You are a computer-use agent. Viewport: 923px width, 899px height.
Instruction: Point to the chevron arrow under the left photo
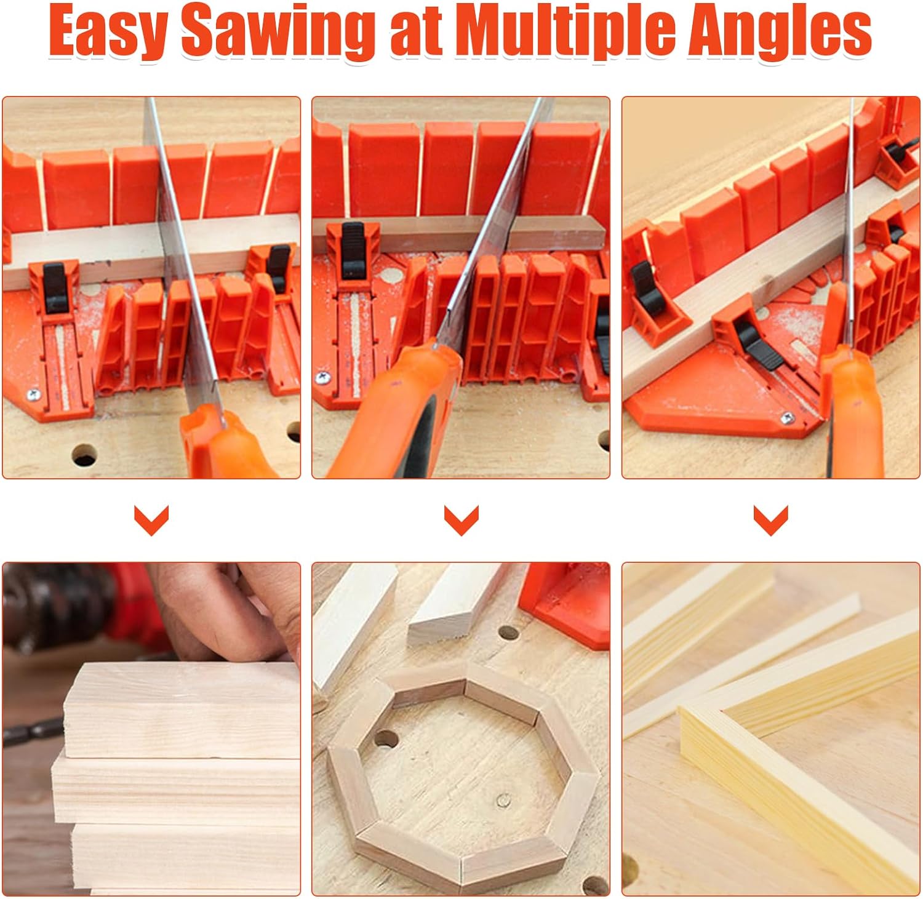click(151, 520)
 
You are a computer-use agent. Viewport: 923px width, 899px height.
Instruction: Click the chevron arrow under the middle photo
click(461, 520)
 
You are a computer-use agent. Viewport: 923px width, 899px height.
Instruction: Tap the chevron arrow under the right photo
click(771, 520)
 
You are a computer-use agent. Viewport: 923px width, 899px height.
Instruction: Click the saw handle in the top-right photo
click(852, 412)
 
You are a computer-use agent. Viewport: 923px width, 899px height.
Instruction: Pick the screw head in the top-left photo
click(32, 394)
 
